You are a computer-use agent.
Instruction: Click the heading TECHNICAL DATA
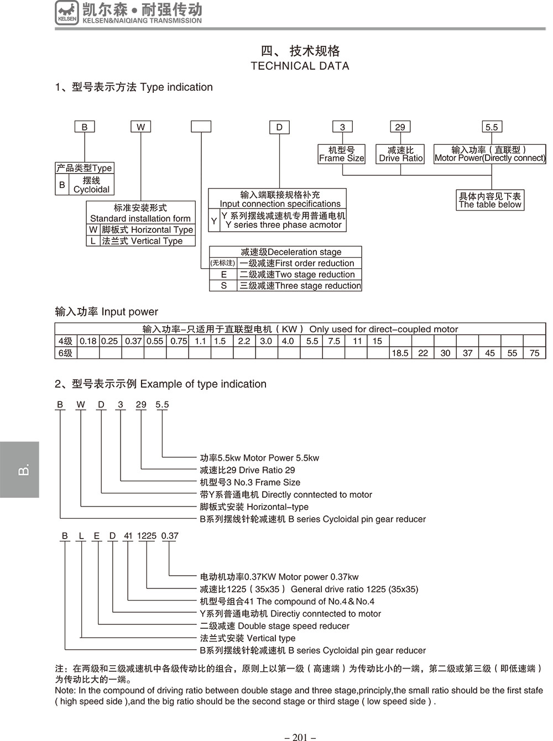[300, 66]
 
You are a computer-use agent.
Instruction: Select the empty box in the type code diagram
[201, 127]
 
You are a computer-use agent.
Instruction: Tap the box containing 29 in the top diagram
[400, 127]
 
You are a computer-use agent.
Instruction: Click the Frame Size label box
[342, 154]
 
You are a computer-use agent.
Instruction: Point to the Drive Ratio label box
[401, 154]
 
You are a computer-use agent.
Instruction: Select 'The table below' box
[490, 200]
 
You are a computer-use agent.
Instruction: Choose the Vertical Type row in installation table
[142, 241]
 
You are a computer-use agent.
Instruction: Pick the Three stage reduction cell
[299, 285]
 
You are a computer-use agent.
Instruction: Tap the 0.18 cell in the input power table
[88, 341]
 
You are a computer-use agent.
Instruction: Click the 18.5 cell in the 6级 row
[400, 353]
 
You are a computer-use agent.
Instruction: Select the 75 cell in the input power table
[534, 353]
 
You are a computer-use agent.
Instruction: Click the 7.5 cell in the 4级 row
[334, 341]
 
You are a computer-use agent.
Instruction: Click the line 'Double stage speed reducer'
[274, 626]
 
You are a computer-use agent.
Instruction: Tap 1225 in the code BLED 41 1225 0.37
[147, 535]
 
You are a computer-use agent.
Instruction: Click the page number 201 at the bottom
[300, 737]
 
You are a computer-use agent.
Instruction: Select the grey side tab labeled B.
[19, 469]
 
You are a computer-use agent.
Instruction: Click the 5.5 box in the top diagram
[491, 127]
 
